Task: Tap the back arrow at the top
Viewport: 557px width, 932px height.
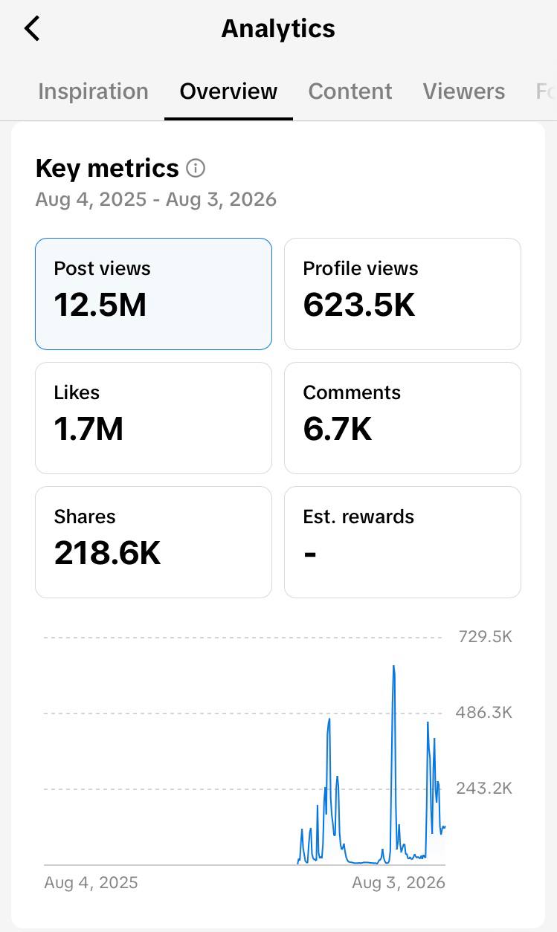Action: (32, 28)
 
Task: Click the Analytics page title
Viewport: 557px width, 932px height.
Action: (278, 29)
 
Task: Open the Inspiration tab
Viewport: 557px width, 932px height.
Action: (93, 91)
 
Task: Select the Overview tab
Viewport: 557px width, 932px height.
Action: (228, 91)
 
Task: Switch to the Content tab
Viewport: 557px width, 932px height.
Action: (350, 91)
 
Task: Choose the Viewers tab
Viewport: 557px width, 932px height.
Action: (464, 91)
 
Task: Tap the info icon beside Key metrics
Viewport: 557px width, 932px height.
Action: (196, 168)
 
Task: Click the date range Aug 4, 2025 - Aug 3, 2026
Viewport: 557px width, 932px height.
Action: (156, 199)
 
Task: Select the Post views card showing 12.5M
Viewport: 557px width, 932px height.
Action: (154, 294)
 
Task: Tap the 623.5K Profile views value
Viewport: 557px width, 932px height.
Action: (359, 305)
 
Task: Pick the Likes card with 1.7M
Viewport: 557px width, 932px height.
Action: (154, 418)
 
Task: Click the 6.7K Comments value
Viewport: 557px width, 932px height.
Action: (337, 429)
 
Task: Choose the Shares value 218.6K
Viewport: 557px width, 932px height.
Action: (107, 553)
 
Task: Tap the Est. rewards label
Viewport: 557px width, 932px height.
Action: (358, 517)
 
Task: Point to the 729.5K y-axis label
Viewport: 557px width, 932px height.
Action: (485, 637)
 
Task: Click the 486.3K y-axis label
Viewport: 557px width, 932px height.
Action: (483, 712)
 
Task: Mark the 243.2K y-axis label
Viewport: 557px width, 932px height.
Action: (484, 788)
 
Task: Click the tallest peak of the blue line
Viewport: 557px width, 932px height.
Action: (394, 666)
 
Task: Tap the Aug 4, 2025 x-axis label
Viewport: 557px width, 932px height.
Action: (91, 882)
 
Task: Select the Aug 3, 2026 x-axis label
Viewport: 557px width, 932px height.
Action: (399, 882)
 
